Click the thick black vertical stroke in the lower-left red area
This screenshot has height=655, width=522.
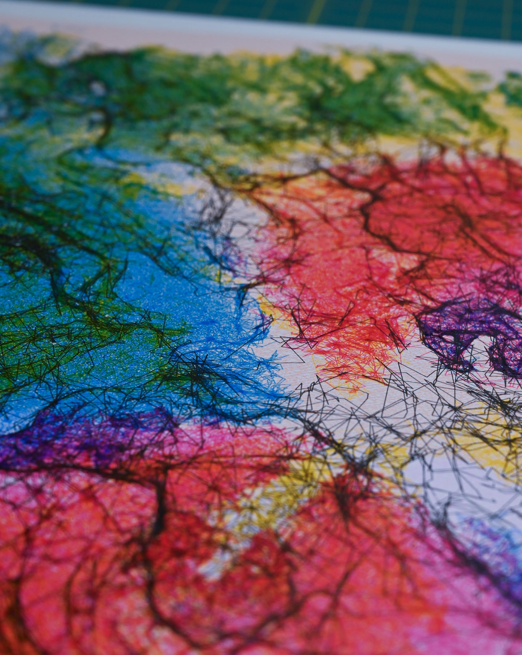159,506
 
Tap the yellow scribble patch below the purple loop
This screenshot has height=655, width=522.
488,451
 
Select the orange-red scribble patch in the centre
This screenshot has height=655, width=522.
347,325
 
